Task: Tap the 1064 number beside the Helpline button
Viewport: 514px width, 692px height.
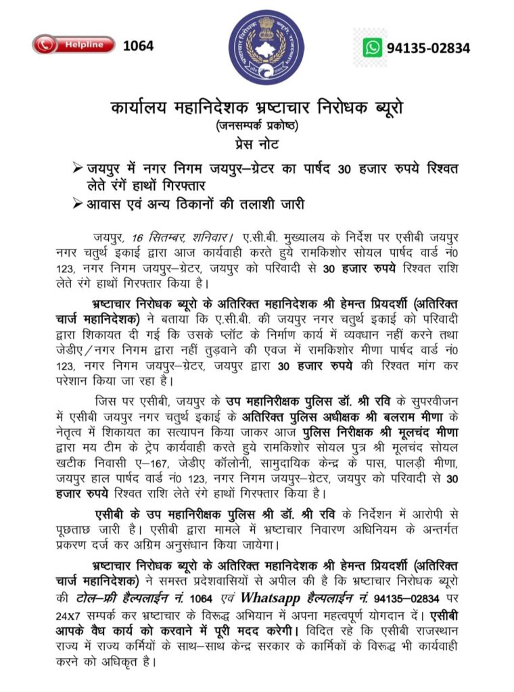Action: click(138, 45)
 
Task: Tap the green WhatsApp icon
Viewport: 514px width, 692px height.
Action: click(372, 47)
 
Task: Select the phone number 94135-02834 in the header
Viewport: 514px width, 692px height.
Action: click(428, 48)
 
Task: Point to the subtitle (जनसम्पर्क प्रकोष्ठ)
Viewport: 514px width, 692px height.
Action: click(256, 125)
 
